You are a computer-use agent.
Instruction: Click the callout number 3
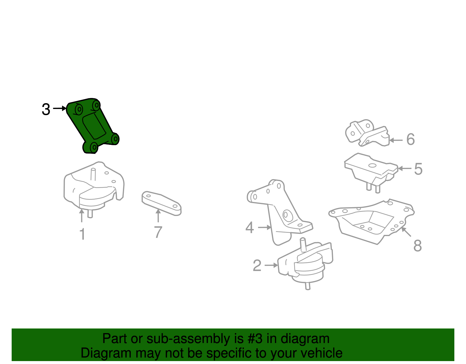pos(46,109)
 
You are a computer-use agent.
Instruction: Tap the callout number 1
pos(82,234)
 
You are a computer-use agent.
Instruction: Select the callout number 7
pos(158,232)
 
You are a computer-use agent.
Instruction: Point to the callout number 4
pos(250,227)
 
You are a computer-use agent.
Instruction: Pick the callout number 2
pos(257,265)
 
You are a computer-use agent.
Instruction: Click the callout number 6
pos(410,139)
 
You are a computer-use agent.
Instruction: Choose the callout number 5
pos(419,169)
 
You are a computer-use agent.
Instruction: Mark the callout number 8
pos(418,246)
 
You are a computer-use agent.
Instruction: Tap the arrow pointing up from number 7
pos(158,216)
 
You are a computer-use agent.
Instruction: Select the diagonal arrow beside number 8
pos(406,232)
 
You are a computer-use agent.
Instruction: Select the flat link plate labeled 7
pos(161,203)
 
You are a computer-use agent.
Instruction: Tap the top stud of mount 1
pos(93,174)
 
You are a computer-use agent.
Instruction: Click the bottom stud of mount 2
pos(308,286)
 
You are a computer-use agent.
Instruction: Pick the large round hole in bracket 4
pos(288,216)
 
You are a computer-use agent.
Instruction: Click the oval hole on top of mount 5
pos(372,166)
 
